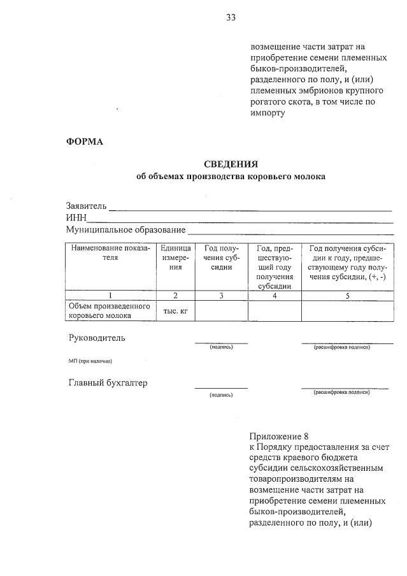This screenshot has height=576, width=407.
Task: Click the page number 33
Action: click(231, 18)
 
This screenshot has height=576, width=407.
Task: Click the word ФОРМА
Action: click(85, 141)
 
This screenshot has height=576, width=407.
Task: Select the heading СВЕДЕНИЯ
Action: click(231, 164)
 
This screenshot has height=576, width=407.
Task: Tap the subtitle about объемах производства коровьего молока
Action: click(231, 176)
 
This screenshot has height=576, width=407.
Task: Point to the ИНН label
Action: click(76, 218)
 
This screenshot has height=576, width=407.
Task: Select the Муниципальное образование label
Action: click(125, 229)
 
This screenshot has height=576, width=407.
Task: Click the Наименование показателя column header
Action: click(111, 253)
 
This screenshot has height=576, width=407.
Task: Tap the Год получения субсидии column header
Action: click(221, 257)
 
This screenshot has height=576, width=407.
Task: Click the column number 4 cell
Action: click(275, 295)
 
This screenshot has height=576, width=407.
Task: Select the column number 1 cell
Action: click(111, 295)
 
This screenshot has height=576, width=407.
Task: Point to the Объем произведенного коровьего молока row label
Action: click(110, 310)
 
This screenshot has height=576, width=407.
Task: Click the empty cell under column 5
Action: click(347, 310)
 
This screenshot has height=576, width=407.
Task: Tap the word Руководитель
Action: click(97, 338)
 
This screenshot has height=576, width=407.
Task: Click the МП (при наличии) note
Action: click(90, 361)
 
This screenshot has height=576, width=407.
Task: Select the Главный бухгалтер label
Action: click(108, 383)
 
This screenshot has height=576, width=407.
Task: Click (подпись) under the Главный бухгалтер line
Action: click(221, 395)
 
